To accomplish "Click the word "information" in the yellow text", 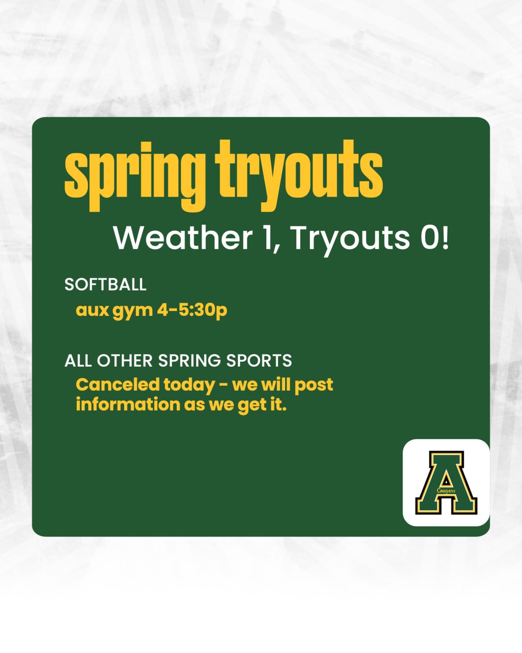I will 120,405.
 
